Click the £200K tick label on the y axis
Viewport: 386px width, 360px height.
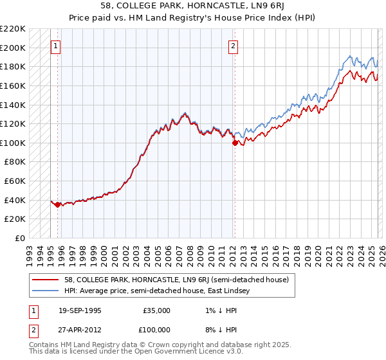click(x=13, y=48)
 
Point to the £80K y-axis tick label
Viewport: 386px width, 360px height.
click(x=15, y=162)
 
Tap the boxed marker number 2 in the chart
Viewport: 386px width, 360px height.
click(x=233, y=46)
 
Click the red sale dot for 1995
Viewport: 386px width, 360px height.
click(x=58, y=205)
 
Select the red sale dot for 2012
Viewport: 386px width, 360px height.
click(x=235, y=143)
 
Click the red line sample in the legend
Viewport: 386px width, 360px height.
click(x=46, y=280)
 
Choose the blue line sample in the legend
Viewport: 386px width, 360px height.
click(x=46, y=291)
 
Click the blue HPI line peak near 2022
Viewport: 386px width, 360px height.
click(x=349, y=56)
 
